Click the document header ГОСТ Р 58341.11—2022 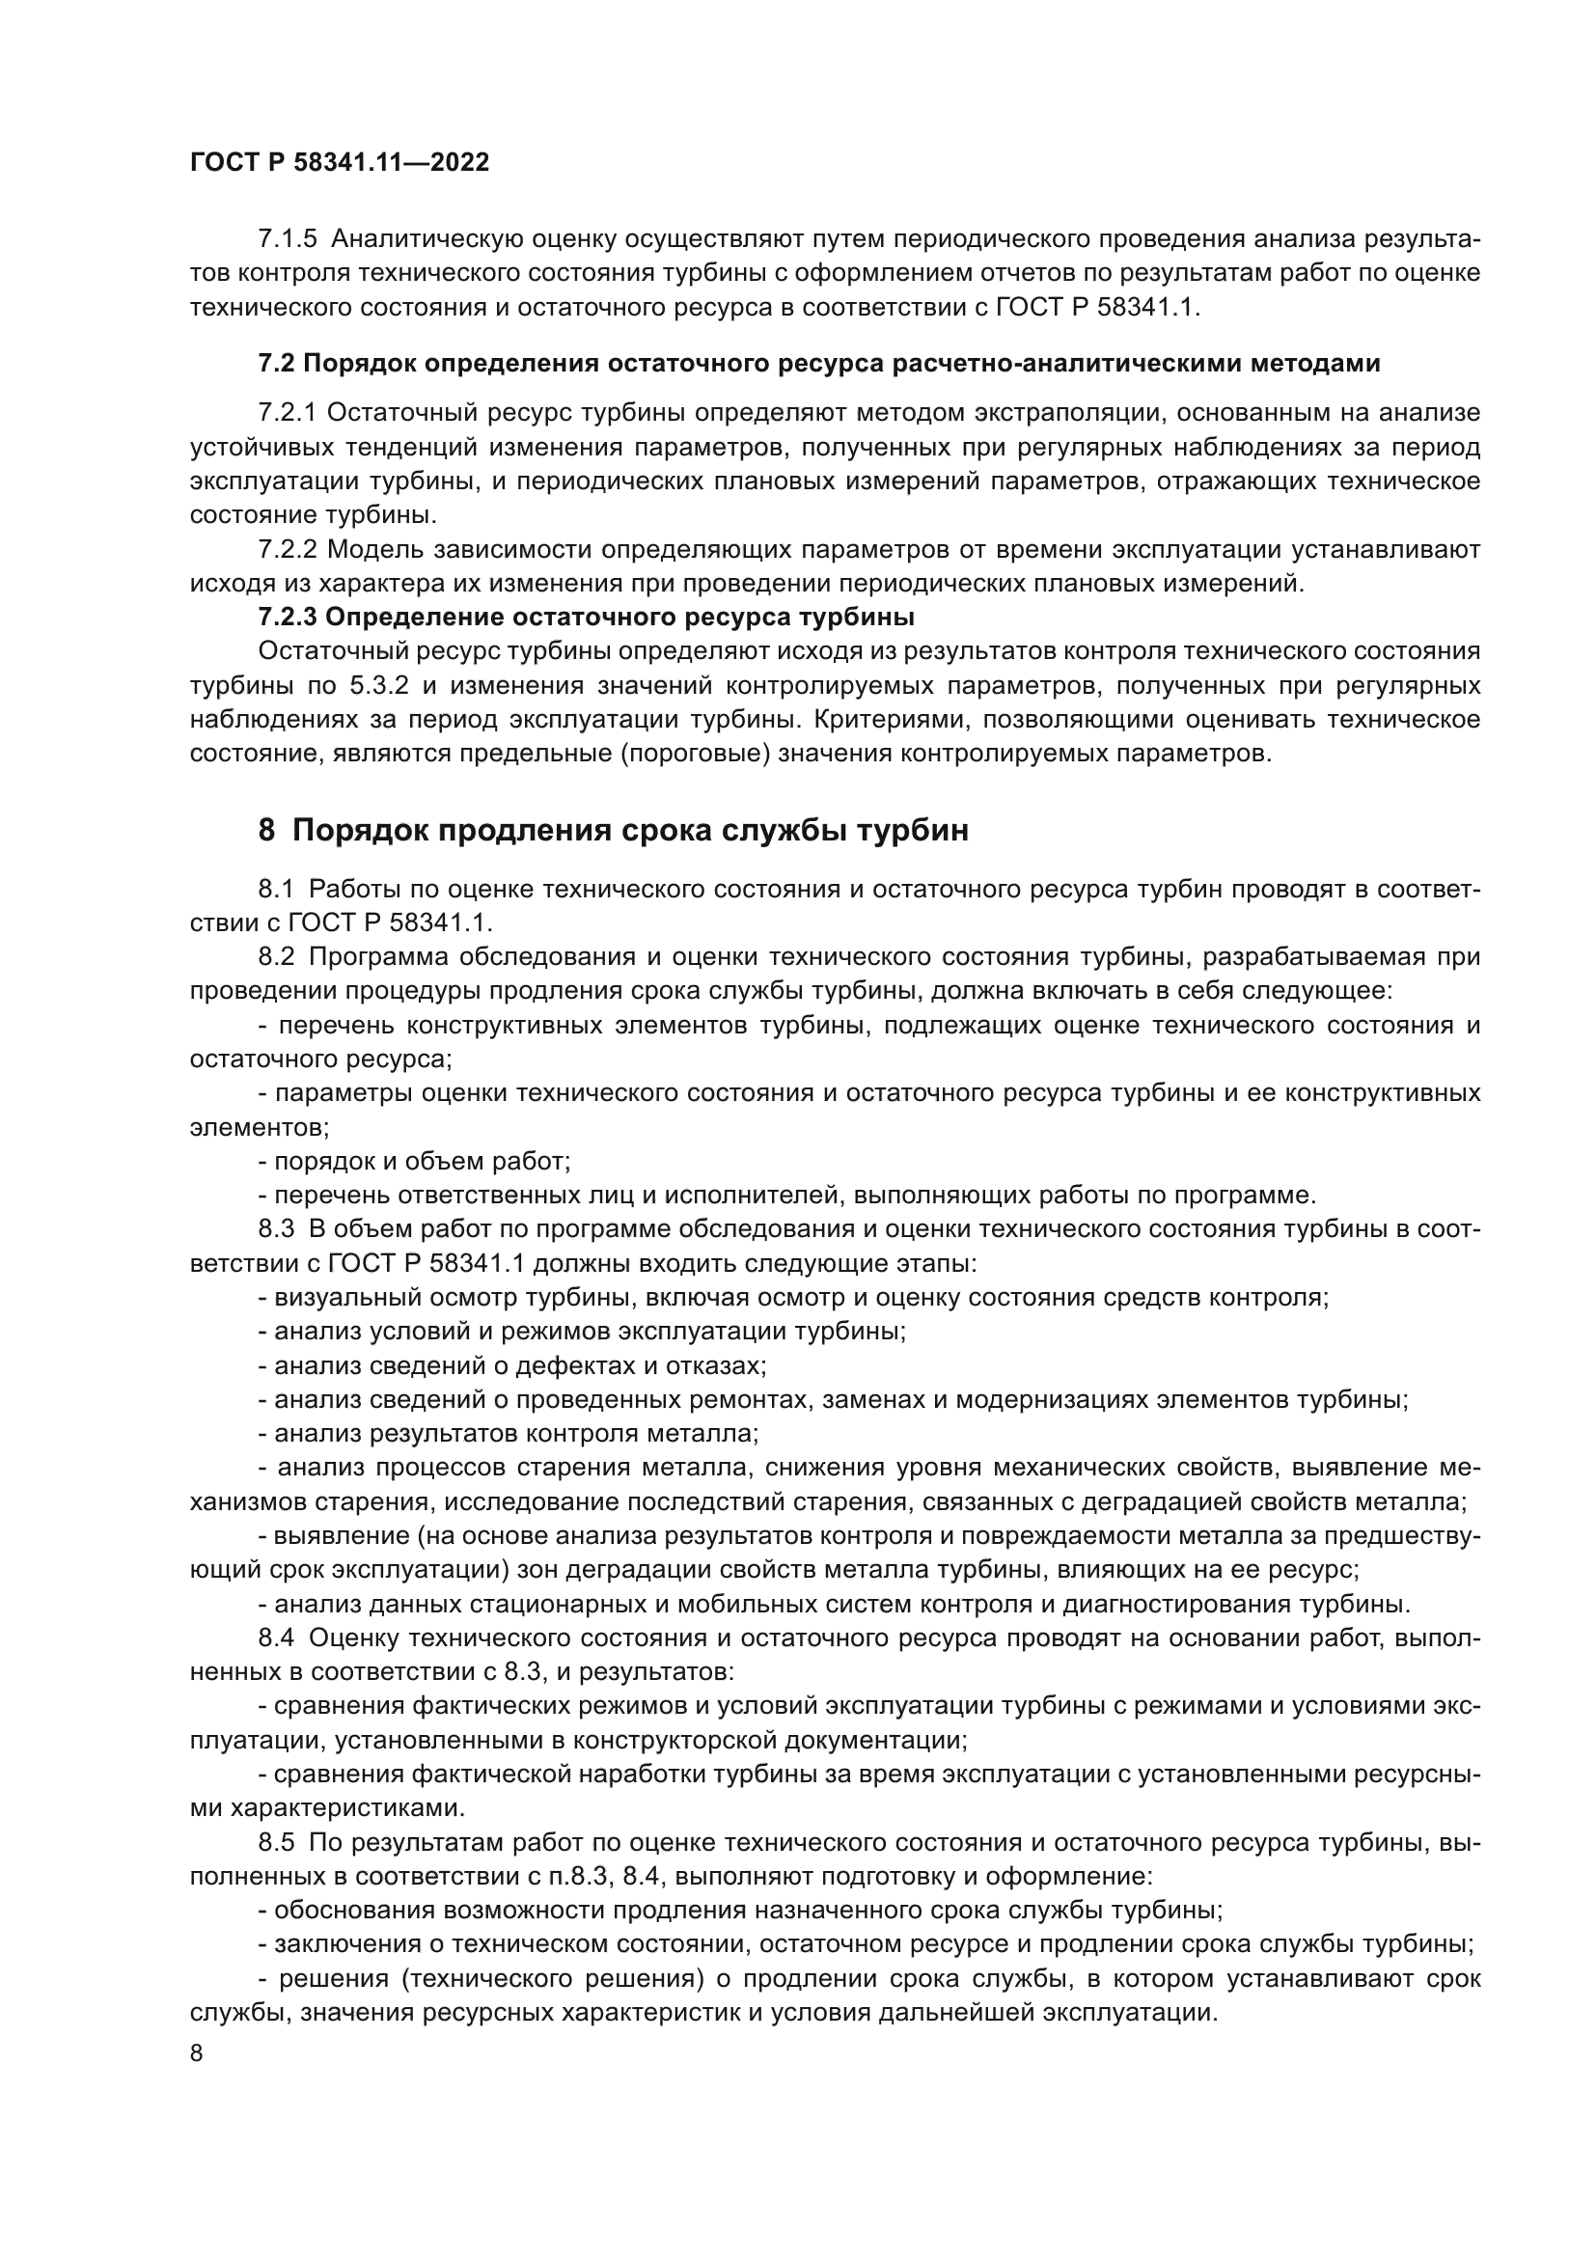[x=339, y=163]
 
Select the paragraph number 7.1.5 [x=288, y=239]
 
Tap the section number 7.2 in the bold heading [x=275, y=364]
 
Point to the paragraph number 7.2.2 [x=288, y=549]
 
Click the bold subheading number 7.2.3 [x=288, y=618]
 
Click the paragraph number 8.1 [x=276, y=890]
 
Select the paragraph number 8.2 [x=276, y=957]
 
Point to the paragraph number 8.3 [x=276, y=1228]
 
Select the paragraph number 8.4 [x=276, y=1638]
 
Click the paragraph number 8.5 [x=276, y=1842]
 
